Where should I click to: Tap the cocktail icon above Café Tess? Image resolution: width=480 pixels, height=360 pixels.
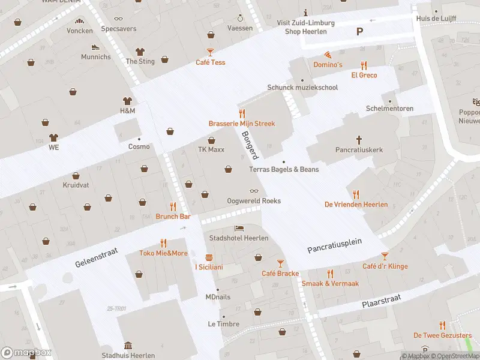210,52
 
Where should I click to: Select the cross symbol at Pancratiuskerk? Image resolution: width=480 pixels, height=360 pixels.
359,140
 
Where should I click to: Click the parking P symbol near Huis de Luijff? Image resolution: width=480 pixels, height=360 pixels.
360,32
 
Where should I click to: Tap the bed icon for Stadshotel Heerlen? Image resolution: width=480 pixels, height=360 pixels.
239,229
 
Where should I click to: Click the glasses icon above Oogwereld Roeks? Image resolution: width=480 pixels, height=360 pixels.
254,191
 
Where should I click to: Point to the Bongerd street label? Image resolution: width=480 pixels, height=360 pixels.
250,145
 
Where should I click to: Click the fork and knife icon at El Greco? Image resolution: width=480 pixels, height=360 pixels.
364,65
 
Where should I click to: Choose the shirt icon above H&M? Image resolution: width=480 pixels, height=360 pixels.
127,101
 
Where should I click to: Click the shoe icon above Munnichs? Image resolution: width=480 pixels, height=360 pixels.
95,47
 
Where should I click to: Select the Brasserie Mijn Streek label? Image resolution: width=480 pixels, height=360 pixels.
241,123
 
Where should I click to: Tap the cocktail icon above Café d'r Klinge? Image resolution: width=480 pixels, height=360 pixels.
385,256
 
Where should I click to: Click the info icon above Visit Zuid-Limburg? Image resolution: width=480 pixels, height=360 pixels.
306,13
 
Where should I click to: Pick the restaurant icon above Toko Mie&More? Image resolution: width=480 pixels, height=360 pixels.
163,243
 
